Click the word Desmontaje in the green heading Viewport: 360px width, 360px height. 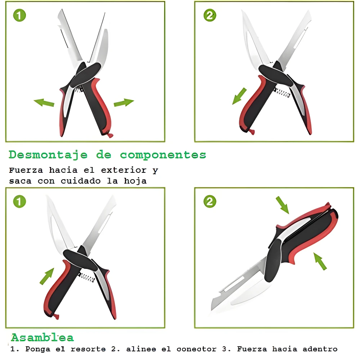(x=48, y=155)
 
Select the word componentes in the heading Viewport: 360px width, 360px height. (x=163, y=155)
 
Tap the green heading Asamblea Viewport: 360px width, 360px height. (x=42, y=338)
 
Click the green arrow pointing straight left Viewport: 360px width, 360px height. (x=44, y=103)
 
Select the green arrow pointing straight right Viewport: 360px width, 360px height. (x=123, y=103)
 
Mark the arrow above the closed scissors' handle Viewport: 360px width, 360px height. (x=282, y=204)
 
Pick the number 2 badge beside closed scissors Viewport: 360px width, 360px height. (x=210, y=202)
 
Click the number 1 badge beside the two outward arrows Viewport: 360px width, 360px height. (x=19, y=15)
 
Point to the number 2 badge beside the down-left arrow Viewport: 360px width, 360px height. (x=210, y=15)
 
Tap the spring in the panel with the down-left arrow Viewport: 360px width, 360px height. (x=283, y=93)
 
